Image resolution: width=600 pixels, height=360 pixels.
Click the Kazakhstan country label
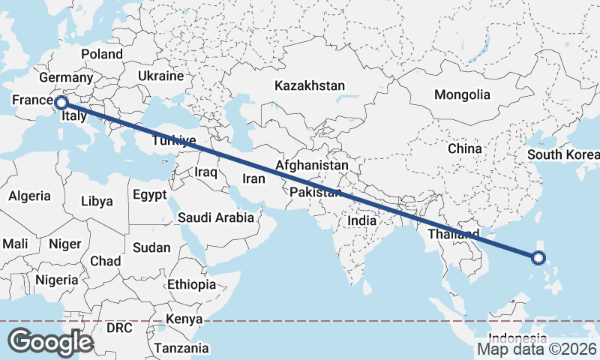pos(309,86)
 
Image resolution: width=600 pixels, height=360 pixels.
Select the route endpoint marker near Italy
pos(61,103)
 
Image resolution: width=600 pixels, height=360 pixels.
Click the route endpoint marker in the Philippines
pos(538,259)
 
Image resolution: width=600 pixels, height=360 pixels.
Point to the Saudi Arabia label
pos(215,218)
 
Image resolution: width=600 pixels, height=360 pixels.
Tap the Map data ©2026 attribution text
pos(537,349)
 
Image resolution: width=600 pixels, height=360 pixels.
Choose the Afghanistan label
pos(312,165)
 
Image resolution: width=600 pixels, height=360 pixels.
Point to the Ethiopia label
pos(191,285)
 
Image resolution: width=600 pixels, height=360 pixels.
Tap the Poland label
pos(102,54)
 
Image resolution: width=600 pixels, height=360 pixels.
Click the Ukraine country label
pos(160,76)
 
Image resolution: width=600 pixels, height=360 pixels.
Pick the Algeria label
pos(30,196)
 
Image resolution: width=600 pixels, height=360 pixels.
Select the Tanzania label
pos(181,349)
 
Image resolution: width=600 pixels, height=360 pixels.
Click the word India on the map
pos(361,222)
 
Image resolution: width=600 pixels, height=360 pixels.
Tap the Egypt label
pos(150,195)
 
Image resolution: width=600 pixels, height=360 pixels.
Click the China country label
pos(464,148)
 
